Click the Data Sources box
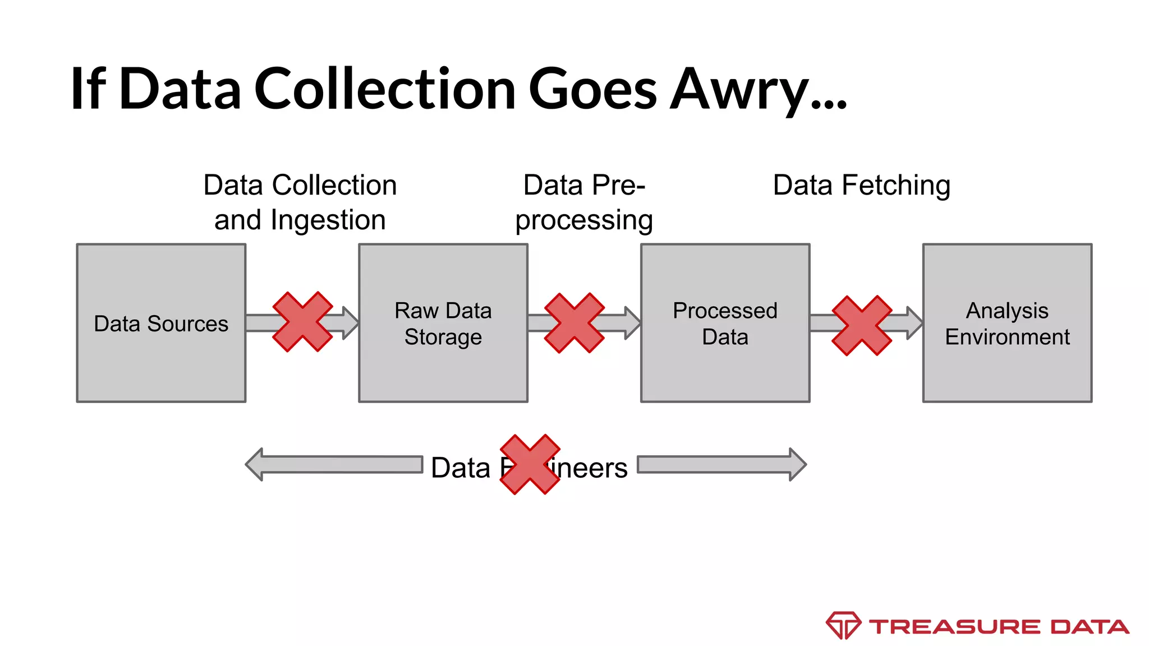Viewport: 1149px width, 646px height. pyautogui.click(x=161, y=323)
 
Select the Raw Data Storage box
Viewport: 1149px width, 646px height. pyautogui.click(x=443, y=323)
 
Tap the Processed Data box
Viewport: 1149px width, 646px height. pyautogui.click(x=725, y=323)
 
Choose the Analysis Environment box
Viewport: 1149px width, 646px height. pyautogui.click(x=1007, y=323)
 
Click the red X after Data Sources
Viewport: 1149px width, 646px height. pyautogui.click(x=302, y=322)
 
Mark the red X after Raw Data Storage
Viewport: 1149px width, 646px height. pyautogui.click(x=574, y=323)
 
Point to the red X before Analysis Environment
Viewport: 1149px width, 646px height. pyautogui.click(x=862, y=325)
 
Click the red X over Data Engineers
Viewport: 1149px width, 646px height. pyautogui.click(x=530, y=464)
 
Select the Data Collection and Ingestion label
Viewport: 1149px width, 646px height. pyautogui.click(x=300, y=202)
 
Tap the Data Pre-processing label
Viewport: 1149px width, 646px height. pyautogui.click(x=584, y=202)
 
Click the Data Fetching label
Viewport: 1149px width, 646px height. pyautogui.click(x=861, y=185)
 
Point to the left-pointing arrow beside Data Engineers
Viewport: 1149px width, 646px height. pyautogui.click(x=334, y=464)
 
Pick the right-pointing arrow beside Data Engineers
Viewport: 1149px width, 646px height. pyautogui.click(x=721, y=464)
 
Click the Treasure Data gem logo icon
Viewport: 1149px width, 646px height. pyautogui.click(x=843, y=625)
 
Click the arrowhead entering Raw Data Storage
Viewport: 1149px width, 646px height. pyautogui.click(x=350, y=323)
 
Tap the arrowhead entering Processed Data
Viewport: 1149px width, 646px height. pyautogui.click(x=632, y=323)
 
